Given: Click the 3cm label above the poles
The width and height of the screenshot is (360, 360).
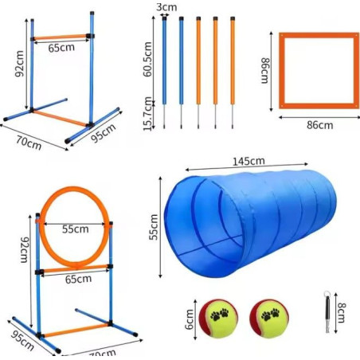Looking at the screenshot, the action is [x=166, y=7].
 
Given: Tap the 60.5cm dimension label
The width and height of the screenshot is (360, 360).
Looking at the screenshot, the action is [x=147, y=59].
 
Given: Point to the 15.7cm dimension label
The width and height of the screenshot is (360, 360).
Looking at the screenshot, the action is [x=147, y=114].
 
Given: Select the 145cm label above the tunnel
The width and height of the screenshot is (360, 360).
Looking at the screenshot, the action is [x=248, y=161].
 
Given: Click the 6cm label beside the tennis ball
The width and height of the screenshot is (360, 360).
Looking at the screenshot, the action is [x=190, y=319].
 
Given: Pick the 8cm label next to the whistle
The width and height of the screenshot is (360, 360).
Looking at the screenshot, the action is [x=341, y=312].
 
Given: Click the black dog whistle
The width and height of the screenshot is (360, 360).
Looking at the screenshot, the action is [x=327, y=312].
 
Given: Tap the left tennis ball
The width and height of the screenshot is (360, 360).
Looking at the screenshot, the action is [x=218, y=319].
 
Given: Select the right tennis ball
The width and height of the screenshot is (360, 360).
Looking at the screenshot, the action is [x=269, y=319].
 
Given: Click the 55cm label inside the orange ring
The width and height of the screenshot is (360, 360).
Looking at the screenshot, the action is [x=76, y=229].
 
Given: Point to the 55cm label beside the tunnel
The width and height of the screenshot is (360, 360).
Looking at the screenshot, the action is [x=154, y=227].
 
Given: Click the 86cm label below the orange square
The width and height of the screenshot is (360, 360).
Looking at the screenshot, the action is [x=319, y=125].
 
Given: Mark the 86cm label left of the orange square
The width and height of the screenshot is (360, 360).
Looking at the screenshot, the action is [x=265, y=71].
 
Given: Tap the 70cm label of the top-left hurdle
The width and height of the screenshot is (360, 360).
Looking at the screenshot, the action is [x=29, y=143].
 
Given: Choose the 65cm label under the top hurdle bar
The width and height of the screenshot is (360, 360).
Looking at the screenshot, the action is [x=61, y=48].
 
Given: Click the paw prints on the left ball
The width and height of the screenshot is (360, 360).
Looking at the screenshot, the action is [x=220, y=315].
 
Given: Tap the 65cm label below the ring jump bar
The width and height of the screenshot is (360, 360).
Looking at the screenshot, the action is [x=79, y=279].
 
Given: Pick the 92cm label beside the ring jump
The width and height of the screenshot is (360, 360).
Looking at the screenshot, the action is [x=25, y=250].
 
